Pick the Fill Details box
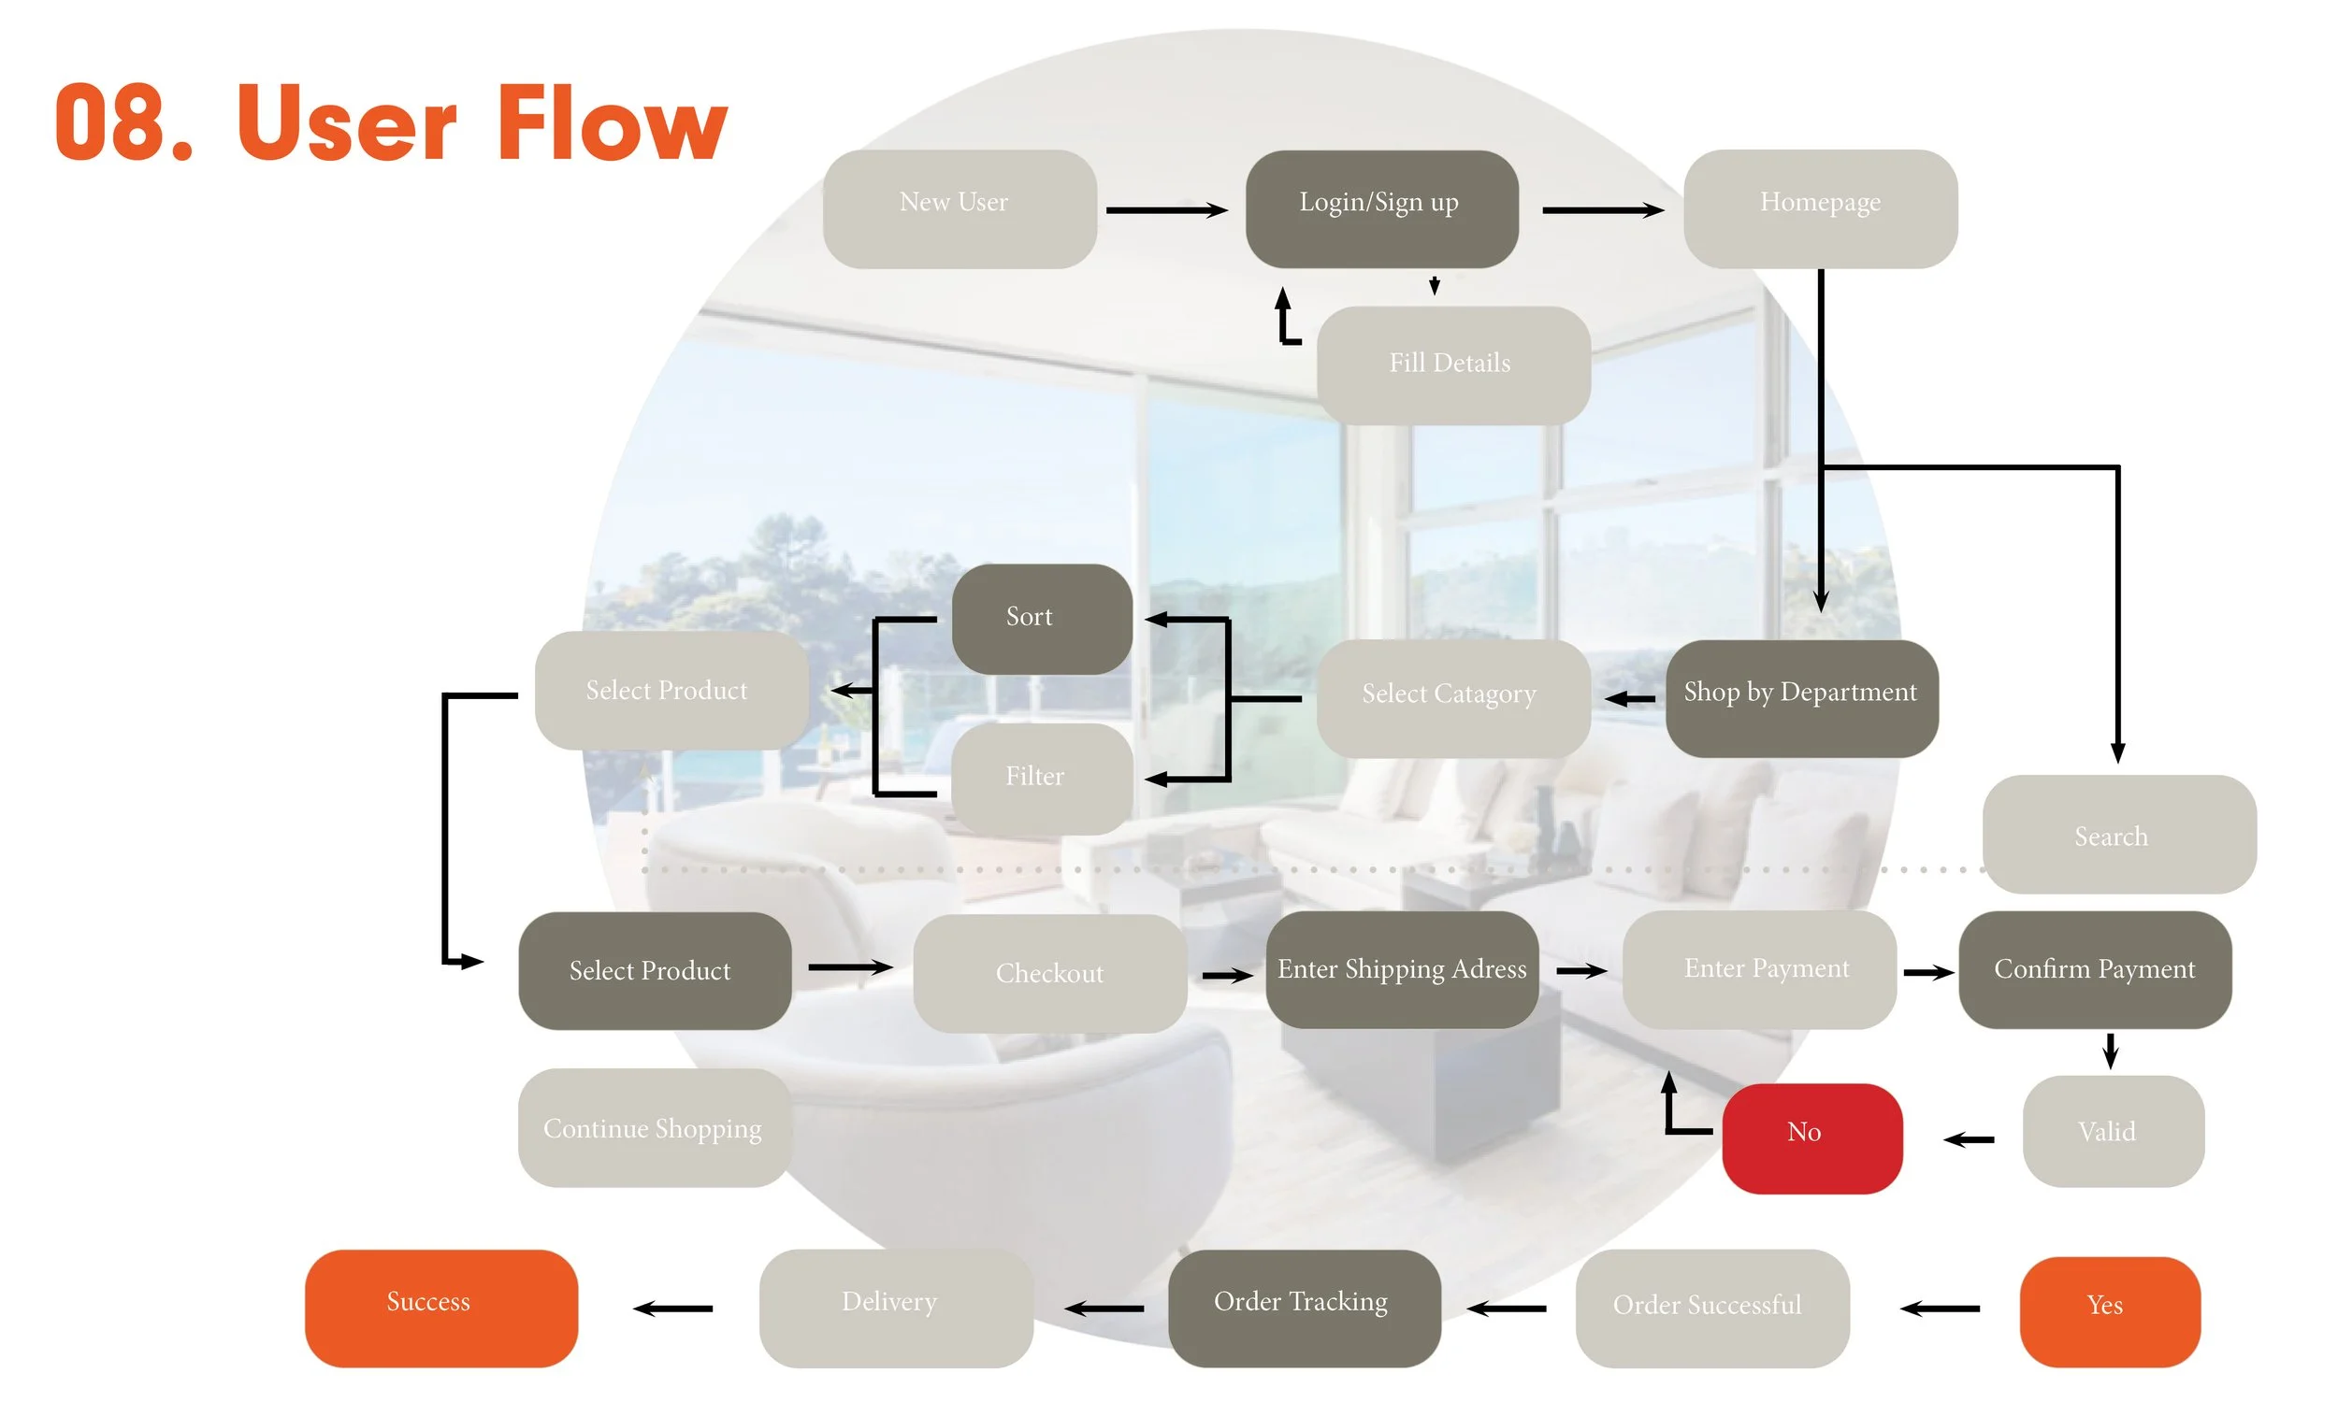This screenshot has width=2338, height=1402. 1452,365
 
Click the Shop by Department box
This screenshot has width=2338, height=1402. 1801,698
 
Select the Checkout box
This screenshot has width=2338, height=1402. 1050,973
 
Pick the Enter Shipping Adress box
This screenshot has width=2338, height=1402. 1402,969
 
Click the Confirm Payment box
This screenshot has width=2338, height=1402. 2094,969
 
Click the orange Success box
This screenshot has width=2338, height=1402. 440,1308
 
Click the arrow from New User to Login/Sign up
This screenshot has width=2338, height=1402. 1166,209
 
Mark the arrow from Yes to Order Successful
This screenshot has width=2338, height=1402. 1941,1309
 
